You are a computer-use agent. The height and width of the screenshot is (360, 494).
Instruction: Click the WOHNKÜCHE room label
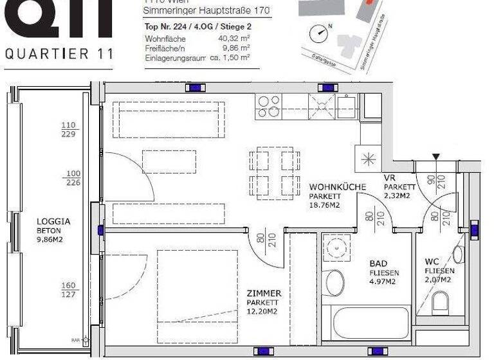(x=337, y=187)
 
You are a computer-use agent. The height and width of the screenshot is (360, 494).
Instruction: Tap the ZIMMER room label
(x=264, y=294)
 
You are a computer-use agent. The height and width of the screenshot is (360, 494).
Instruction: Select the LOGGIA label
(x=54, y=221)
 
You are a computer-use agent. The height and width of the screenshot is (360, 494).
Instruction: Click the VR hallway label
(x=389, y=178)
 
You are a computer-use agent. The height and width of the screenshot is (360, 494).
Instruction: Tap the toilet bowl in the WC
(x=441, y=301)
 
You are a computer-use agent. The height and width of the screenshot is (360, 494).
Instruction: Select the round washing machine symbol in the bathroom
(x=336, y=248)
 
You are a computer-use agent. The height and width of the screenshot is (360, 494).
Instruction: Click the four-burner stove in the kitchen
(x=268, y=106)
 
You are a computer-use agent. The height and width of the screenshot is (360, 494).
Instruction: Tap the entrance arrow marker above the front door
(x=437, y=157)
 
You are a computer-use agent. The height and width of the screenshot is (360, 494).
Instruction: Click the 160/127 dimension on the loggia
(x=69, y=291)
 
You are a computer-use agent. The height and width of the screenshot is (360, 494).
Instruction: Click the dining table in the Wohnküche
(x=275, y=171)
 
